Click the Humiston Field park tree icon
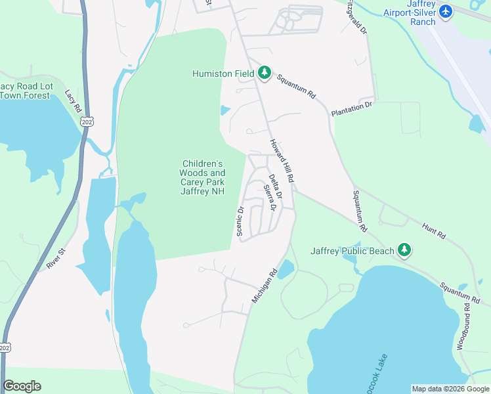[x=265, y=74]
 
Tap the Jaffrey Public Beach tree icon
[x=405, y=250]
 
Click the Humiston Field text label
[x=223, y=74]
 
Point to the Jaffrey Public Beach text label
[x=352, y=251]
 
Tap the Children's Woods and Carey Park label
[x=202, y=177]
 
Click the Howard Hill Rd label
[x=281, y=161]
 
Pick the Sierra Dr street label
[x=268, y=197]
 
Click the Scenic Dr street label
[x=240, y=221]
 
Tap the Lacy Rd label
[x=72, y=100]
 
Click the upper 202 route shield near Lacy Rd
[x=87, y=121]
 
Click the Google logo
[x=22, y=386]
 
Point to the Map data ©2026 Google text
[x=450, y=389]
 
